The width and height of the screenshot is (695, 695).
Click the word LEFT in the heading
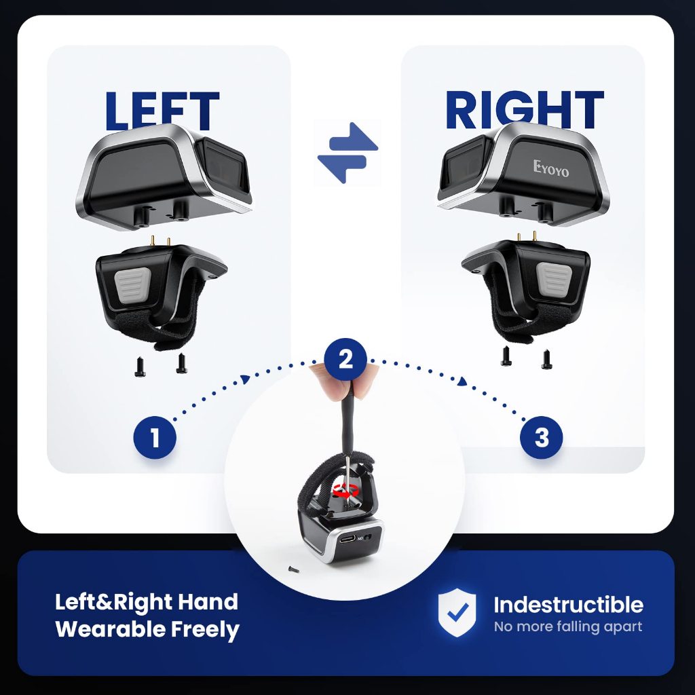162,110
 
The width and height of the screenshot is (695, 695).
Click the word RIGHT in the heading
525,109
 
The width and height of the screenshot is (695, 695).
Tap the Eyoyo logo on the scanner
550,168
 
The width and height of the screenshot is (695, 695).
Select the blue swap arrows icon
347,153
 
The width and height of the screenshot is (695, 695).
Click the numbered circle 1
155,438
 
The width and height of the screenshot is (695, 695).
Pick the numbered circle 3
541,438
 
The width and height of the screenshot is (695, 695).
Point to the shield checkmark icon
457,613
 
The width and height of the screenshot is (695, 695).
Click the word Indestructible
568,605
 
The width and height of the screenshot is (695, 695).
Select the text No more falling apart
568,626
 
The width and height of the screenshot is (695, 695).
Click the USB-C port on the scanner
348,540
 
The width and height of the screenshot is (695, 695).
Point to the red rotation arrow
345,491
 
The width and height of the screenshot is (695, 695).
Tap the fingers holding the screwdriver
343,380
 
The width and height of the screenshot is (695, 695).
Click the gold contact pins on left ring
160,242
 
